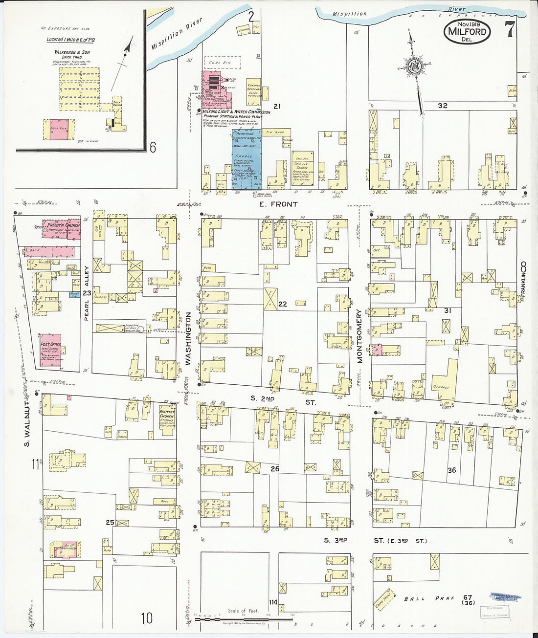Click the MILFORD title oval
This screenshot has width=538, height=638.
click(467, 32)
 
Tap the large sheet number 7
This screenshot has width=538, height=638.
click(510, 30)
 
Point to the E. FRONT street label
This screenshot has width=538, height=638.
click(277, 204)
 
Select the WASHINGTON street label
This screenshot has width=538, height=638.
click(188, 339)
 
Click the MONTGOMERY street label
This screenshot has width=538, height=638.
click(359, 335)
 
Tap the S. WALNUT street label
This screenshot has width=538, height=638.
click(27, 423)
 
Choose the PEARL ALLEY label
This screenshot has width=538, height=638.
click(87, 293)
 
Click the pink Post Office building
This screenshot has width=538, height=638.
click(51, 351)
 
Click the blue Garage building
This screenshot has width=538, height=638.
click(246, 161)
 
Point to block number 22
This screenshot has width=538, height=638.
click(283, 304)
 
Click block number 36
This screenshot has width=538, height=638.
click(452, 470)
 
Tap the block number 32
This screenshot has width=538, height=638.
click(443, 106)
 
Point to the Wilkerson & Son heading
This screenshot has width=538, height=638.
click(72, 52)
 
